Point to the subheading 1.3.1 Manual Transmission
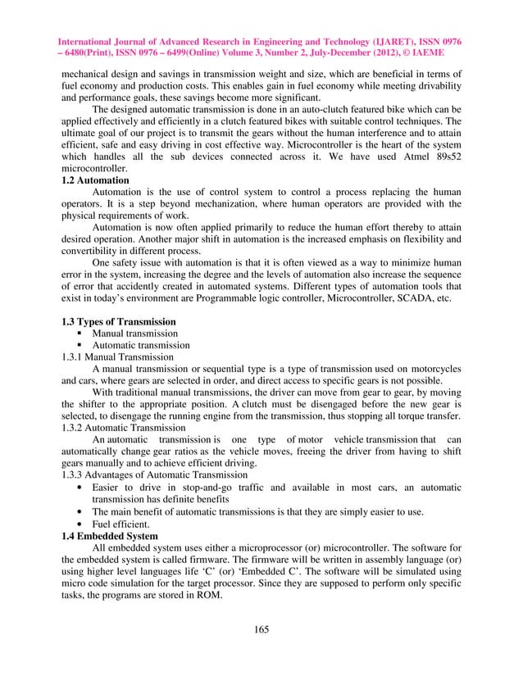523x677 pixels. pos(117,357)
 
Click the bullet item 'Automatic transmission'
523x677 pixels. pos(141,345)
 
